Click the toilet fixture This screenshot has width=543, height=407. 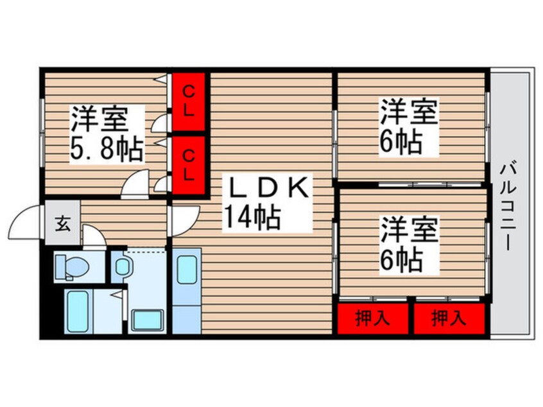64,266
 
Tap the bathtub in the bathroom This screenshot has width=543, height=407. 76,311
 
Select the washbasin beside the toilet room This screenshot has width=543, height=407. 121,266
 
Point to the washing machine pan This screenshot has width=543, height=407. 148,319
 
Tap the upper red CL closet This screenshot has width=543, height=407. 187,101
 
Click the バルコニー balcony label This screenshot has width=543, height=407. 511,205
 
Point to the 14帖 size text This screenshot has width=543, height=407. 251,218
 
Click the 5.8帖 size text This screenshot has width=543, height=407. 107,148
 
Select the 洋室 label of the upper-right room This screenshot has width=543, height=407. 409,113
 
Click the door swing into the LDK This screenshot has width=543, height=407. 182,221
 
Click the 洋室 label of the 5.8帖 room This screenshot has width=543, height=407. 99,120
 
